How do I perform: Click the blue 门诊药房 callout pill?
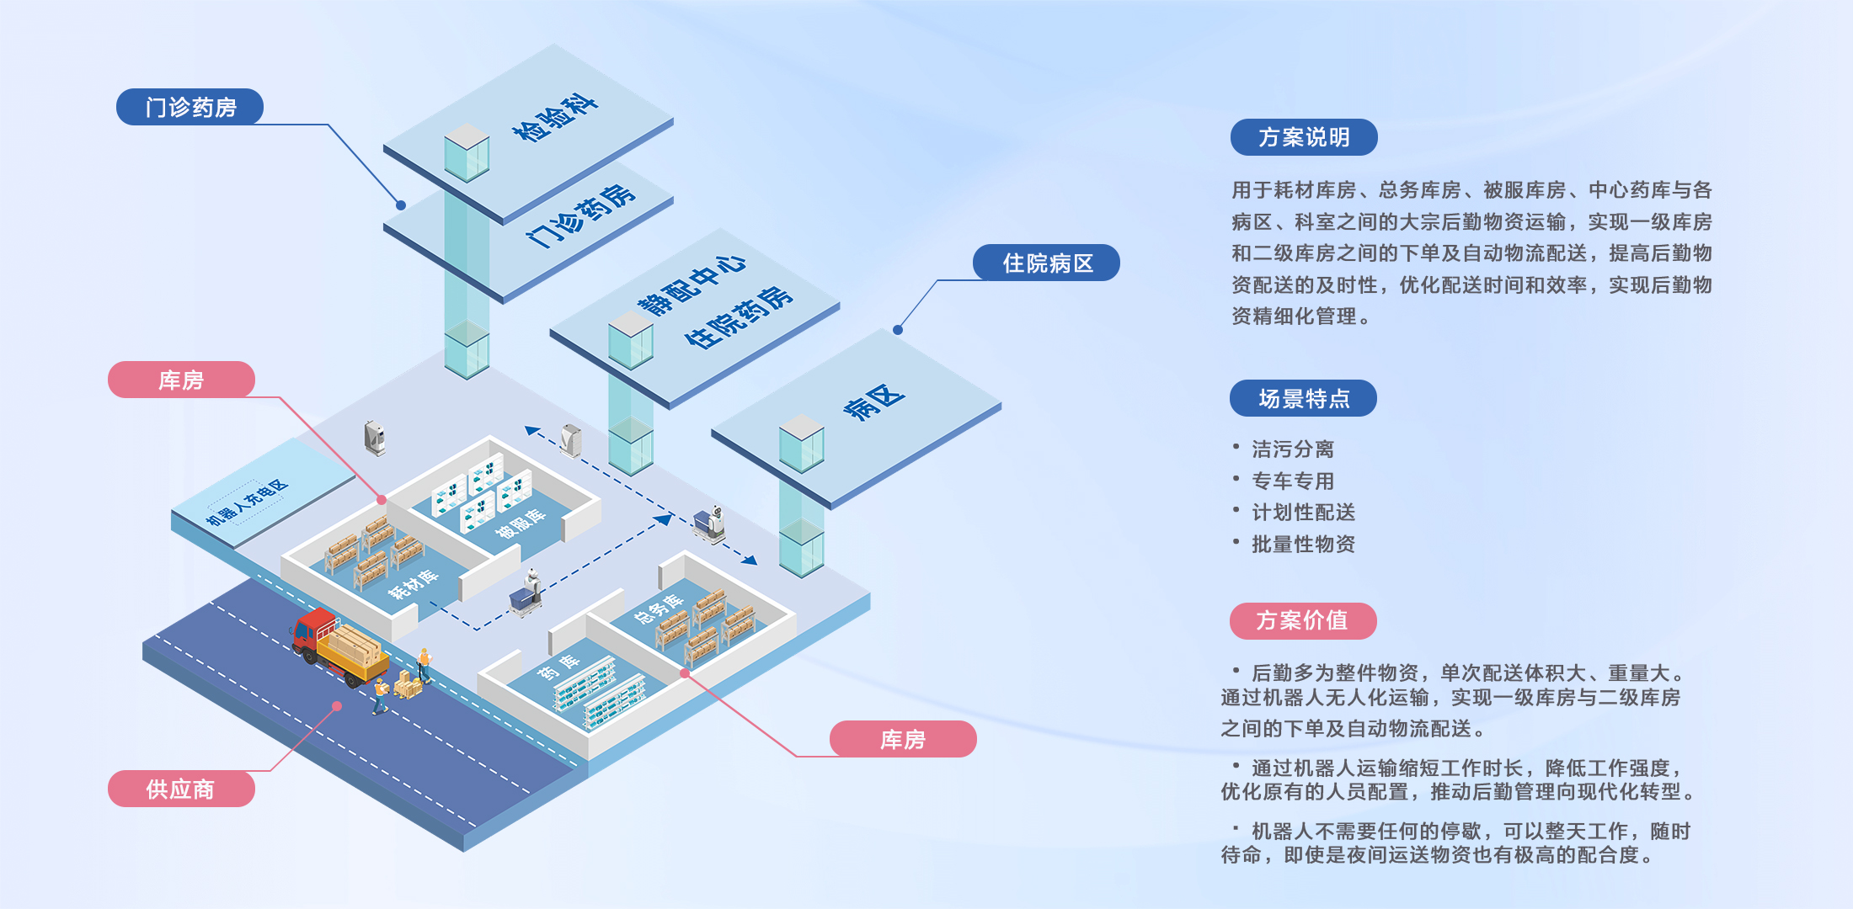pyautogui.click(x=190, y=107)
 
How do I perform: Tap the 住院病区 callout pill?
pyautogui.click(x=1046, y=263)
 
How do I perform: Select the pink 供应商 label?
pyautogui.click(x=181, y=789)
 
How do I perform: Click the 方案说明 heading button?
pyautogui.click(x=1304, y=137)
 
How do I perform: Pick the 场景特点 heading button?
pyautogui.click(x=1303, y=398)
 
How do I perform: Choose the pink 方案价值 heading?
pyautogui.click(x=1303, y=620)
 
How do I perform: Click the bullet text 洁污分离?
pyautogui.click(x=1293, y=449)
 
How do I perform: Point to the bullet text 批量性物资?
pyautogui.click(x=1303, y=545)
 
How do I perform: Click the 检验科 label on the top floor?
pyautogui.click(x=555, y=119)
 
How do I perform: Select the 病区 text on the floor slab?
pyautogui.click(x=874, y=402)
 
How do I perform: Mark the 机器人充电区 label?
pyautogui.click(x=248, y=502)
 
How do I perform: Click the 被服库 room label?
pyautogui.click(x=520, y=524)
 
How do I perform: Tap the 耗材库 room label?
pyautogui.click(x=413, y=584)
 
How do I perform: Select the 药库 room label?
pyautogui.click(x=558, y=667)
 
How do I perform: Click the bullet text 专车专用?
pyautogui.click(x=1293, y=481)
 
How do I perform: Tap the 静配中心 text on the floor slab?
pyautogui.click(x=692, y=284)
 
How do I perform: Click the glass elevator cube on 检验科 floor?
pyautogui.click(x=467, y=152)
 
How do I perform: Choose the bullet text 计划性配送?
pyautogui.click(x=1303, y=513)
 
